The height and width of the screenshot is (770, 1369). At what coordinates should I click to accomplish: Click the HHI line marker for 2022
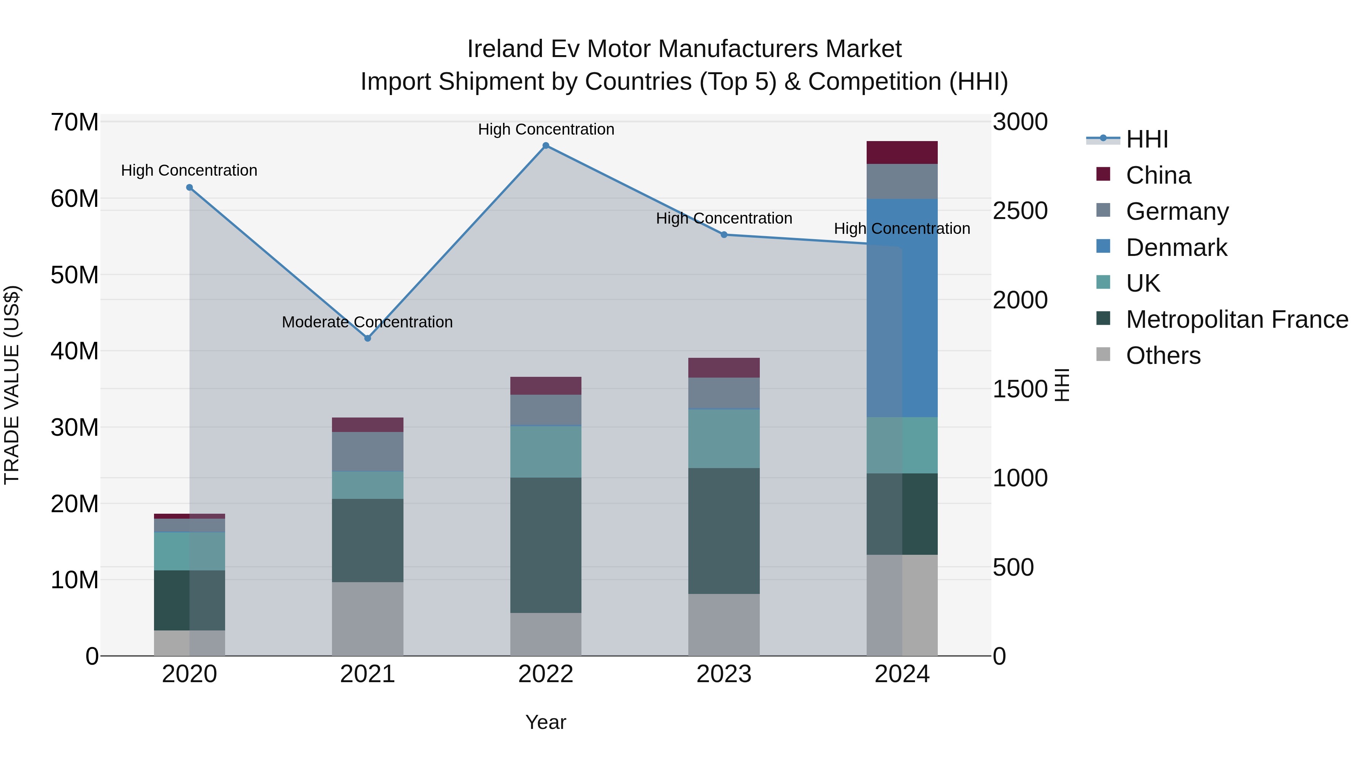point(546,146)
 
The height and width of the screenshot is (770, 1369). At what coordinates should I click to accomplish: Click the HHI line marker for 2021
point(367,338)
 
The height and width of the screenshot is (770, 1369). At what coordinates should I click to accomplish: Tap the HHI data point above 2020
point(189,187)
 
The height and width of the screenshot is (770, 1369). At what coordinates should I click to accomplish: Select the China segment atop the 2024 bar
point(902,152)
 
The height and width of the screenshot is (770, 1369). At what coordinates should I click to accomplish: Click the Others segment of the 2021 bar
point(367,619)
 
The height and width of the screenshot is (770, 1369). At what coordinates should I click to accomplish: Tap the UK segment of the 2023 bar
point(724,438)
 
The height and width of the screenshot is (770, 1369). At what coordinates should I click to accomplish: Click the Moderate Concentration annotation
point(367,322)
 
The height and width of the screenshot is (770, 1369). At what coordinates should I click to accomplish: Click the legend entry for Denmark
point(1176,248)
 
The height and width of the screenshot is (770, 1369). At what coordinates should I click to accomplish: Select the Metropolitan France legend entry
point(1237,319)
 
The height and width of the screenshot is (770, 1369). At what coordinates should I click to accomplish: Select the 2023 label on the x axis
point(724,674)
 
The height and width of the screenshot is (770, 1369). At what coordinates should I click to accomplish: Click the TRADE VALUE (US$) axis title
point(12,385)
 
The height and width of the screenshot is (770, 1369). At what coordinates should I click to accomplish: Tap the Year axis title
point(546,722)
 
